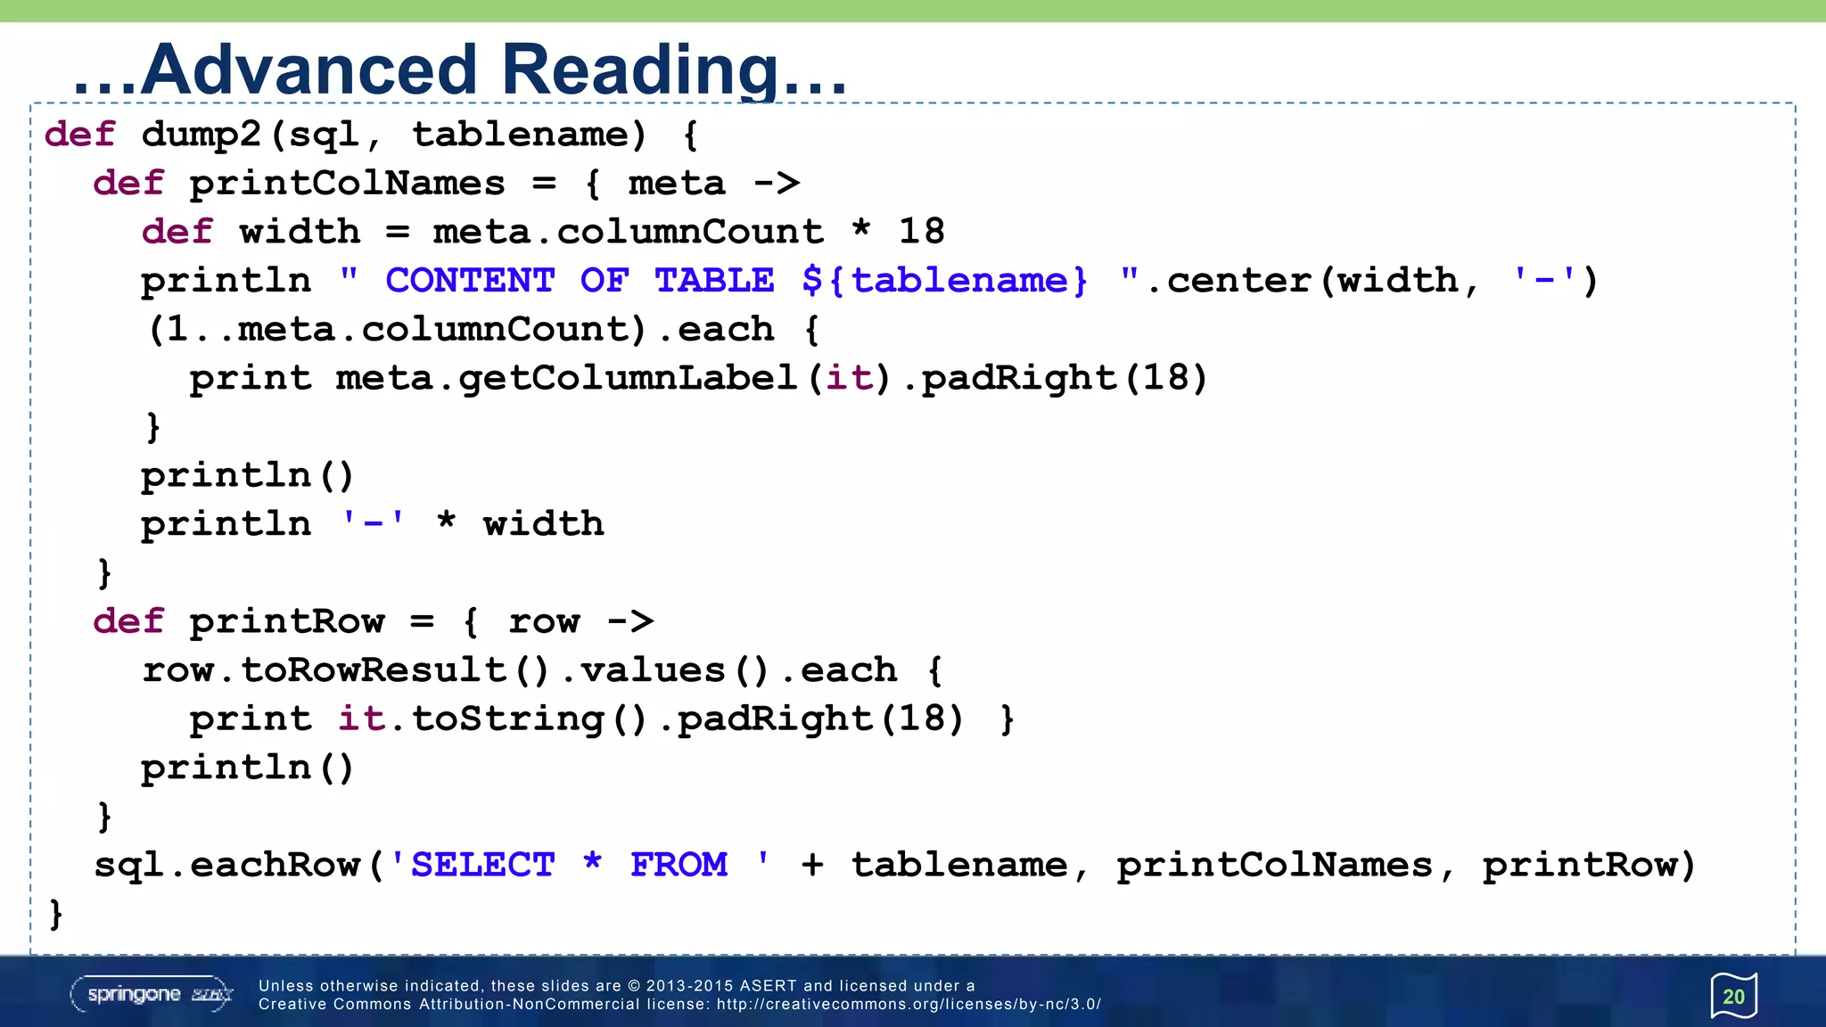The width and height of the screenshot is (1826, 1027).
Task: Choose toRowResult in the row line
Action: coord(374,670)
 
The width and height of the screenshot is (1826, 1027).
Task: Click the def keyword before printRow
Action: coord(128,621)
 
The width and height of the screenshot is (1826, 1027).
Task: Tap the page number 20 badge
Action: coord(1733,996)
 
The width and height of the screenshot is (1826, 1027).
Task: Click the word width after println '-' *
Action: coord(543,524)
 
